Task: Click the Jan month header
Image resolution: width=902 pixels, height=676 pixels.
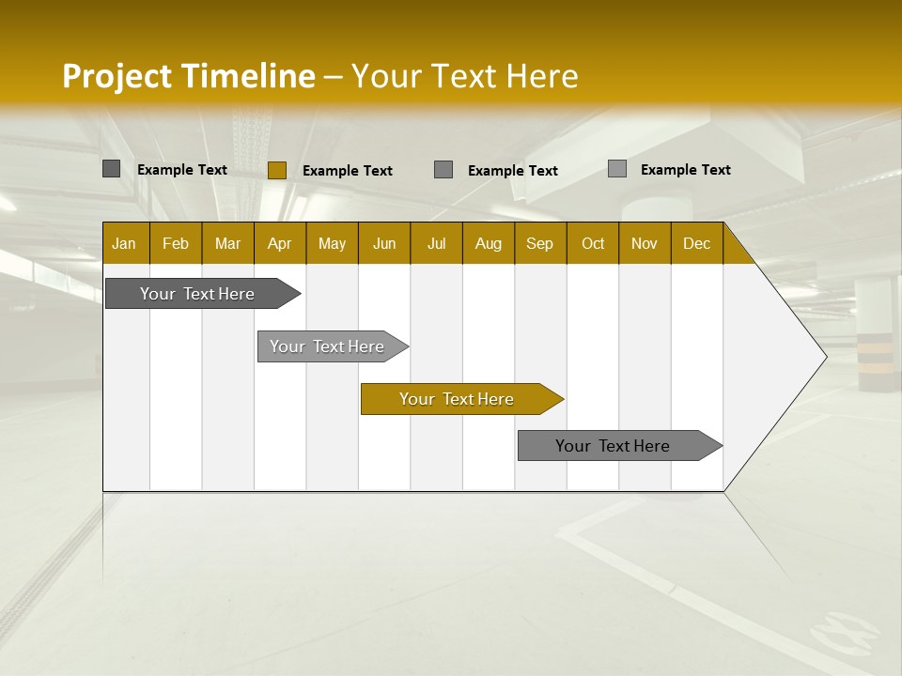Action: pos(125,243)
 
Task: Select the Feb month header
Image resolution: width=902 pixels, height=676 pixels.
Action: pos(176,243)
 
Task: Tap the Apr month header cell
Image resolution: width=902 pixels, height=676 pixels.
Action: pos(280,243)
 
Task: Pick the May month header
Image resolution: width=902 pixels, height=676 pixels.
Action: pos(332,243)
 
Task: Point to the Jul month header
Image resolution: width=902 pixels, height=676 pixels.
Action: pos(436,243)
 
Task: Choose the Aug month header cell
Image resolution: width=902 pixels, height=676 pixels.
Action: pos(489,243)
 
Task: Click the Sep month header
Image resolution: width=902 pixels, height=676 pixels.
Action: pos(540,243)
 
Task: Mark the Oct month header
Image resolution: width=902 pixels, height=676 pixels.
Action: pos(593,243)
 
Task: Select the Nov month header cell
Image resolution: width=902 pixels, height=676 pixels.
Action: pos(645,243)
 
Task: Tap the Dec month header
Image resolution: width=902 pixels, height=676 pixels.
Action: pos(697,243)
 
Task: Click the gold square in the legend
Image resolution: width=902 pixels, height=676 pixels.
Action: pos(277,170)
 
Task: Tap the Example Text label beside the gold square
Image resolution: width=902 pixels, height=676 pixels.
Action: pos(347,171)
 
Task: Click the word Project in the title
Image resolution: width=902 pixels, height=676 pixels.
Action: pos(117,76)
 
